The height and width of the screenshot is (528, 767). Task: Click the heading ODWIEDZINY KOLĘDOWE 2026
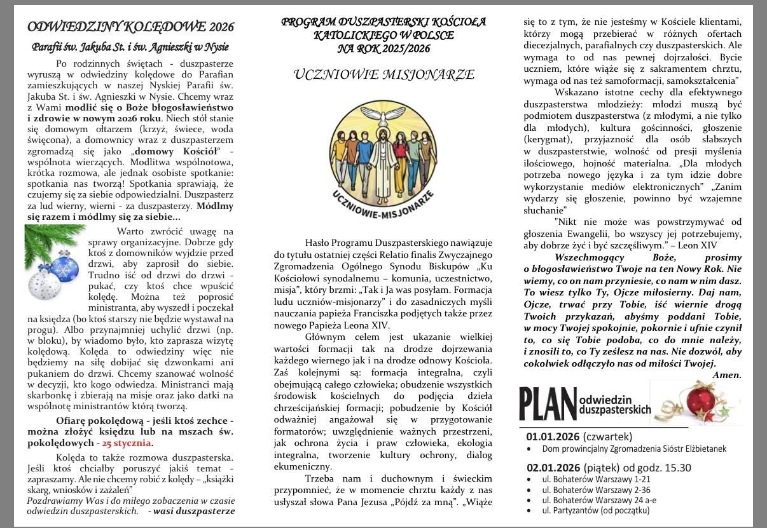tap(130, 27)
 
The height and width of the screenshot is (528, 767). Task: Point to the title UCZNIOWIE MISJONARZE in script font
tap(383, 75)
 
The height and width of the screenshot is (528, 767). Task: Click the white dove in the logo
tap(383, 113)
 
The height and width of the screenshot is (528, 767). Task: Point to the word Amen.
tap(727, 375)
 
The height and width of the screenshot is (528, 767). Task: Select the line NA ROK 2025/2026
tap(383, 48)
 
